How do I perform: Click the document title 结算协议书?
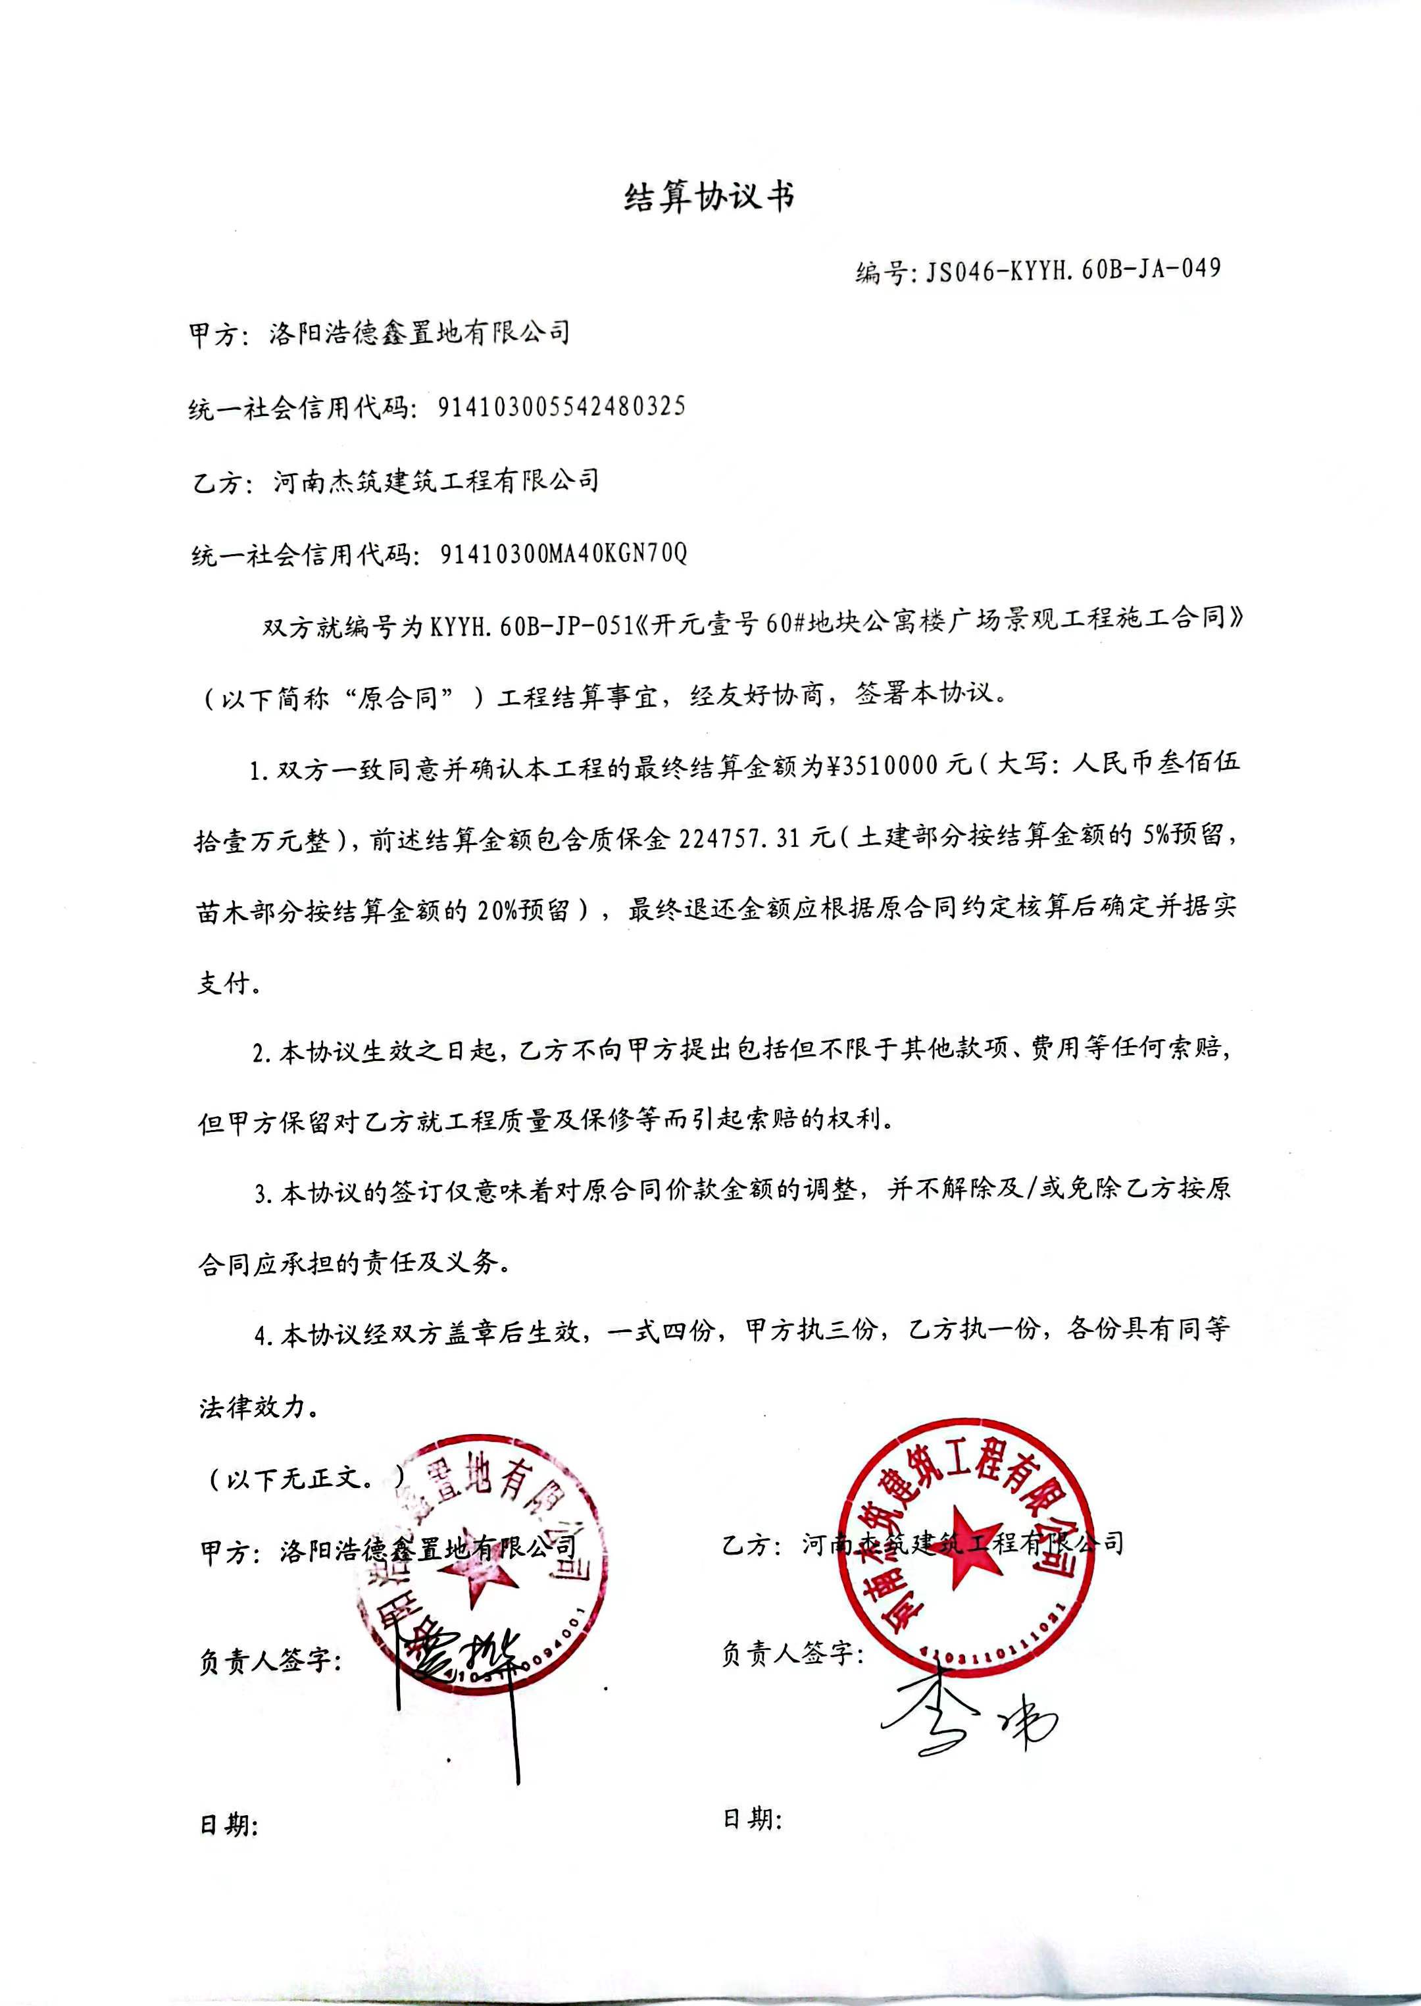709,198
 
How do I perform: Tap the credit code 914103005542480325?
561,407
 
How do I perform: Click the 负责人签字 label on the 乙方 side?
792,1653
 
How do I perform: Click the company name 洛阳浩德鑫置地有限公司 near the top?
419,332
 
